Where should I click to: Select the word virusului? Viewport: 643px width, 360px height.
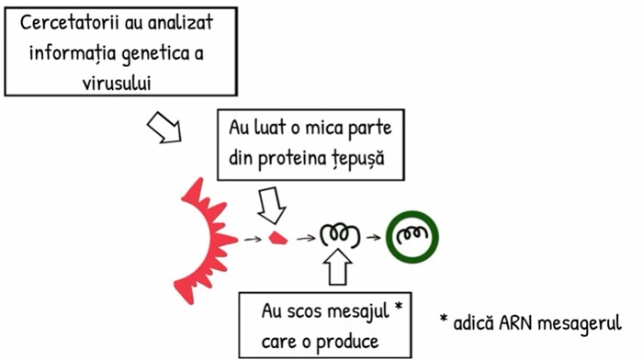[x=117, y=83]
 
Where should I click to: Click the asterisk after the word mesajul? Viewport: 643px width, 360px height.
[x=398, y=307]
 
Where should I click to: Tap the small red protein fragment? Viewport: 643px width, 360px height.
[x=278, y=238]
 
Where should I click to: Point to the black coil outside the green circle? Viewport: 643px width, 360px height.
[x=340, y=235]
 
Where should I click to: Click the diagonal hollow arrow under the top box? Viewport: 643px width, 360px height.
[x=164, y=128]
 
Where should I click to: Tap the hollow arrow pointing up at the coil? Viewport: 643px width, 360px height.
[x=338, y=267]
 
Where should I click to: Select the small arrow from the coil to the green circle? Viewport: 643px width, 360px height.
[x=374, y=237]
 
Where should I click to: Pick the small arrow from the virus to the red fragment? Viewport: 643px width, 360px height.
[x=253, y=239]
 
